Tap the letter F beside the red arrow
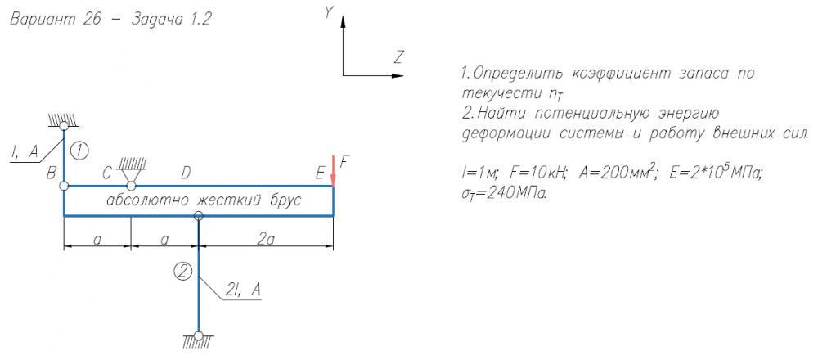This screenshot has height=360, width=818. point(344,161)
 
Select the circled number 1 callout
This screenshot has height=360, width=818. point(79,150)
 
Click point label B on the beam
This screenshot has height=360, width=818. point(51,173)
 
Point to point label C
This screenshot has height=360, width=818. point(107,173)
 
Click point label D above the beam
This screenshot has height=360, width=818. point(186,173)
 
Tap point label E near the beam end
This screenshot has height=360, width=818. point(319,173)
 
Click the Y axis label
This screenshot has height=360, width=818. point(329,13)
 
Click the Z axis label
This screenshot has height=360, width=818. point(398,57)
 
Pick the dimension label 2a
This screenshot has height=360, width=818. point(266,238)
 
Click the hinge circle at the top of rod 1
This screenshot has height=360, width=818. point(64,126)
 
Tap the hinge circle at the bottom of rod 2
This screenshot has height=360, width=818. point(199,335)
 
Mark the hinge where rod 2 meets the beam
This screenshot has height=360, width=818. point(199,216)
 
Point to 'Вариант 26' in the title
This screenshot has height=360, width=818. point(54,21)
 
